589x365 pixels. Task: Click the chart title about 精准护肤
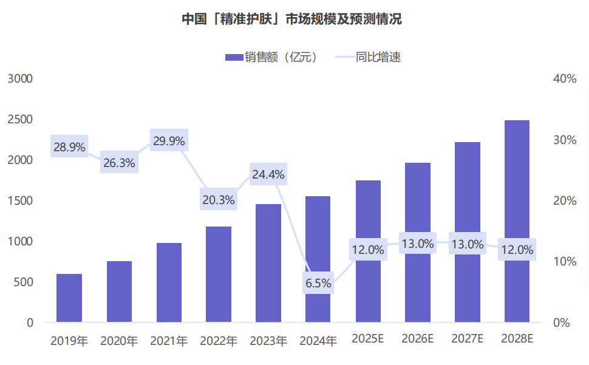pyautogui.click(x=292, y=19)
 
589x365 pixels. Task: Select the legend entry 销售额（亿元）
pyautogui.click(x=271, y=58)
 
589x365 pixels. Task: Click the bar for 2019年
pyautogui.click(x=69, y=298)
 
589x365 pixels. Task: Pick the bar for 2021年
pyautogui.click(x=169, y=282)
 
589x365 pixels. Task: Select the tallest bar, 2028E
pyautogui.click(x=517, y=221)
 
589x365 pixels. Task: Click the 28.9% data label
pyautogui.click(x=69, y=146)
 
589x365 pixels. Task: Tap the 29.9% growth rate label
pyautogui.click(x=169, y=141)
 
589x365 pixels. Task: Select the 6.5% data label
pyautogui.click(x=318, y=283)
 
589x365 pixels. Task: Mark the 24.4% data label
pyautogui.click(x=268, y=175)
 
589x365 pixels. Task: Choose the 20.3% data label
pyautogui.click(x=219, y=200)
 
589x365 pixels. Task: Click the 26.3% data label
pyautogui.click(x=119, y=163)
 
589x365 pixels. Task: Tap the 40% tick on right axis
pyautogui.click(x=564, y=79)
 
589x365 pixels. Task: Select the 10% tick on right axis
pyautogui.click(x=564, y=262)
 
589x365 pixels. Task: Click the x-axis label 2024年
pyautogui.click(x=318, y=341)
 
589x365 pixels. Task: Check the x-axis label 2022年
pyautogui.click(x=219, y=341)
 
